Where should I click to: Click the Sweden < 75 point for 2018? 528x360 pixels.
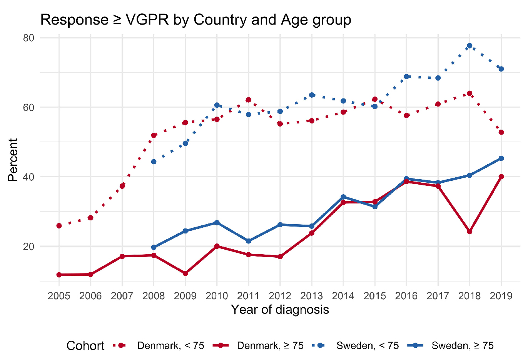470,46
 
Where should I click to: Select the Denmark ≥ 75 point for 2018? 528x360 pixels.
470,232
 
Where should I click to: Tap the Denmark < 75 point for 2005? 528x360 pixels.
59,226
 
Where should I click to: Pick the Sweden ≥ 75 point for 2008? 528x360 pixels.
154,247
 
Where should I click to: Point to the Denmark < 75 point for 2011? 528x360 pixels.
248,100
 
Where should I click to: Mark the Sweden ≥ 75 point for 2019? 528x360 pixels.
501,158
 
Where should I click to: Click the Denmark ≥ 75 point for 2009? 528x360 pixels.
185,273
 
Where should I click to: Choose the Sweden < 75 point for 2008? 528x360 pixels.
154,162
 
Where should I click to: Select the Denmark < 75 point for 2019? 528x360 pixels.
501,132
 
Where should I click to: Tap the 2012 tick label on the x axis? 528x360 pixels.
280,296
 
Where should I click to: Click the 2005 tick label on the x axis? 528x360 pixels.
59,296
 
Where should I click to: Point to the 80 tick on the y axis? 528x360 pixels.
28,38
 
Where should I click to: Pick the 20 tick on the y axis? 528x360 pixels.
28,247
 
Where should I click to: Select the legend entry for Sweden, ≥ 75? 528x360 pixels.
462,346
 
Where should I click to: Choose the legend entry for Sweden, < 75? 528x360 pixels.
367,346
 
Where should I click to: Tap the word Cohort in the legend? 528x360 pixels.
85,346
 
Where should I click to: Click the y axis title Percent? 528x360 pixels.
13,160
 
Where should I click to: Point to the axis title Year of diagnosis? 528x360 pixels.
280,310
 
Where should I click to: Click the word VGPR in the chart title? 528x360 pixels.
147,20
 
